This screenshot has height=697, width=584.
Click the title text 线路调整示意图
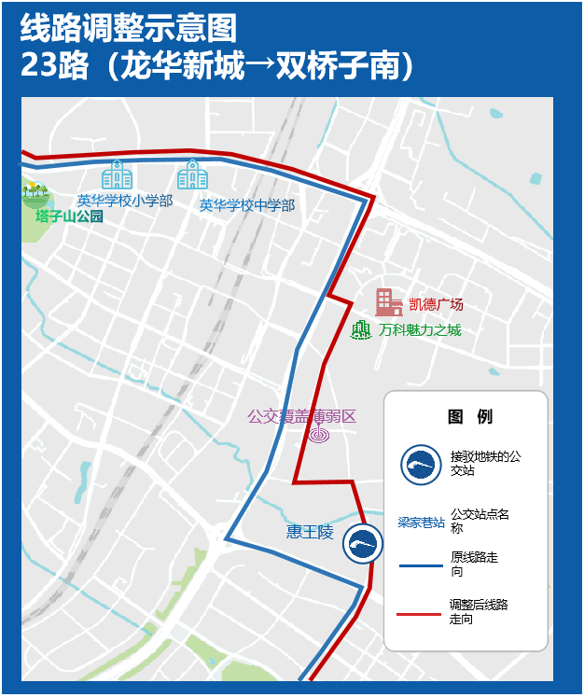pos(128,29)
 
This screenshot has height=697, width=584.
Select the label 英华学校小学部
pos(125,201)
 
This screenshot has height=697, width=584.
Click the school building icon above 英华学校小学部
pos(117,174)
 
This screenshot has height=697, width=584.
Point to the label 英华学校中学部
pos(247,205)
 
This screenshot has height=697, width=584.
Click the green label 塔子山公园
pos(69,216)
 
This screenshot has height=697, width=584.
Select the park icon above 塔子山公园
pos(35,192)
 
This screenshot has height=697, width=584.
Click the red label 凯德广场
pos(436,304)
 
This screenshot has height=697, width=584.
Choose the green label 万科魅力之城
pos(420,330)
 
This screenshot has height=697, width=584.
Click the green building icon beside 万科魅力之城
pos(361,329)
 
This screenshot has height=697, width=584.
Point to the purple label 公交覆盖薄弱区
pos(302,416)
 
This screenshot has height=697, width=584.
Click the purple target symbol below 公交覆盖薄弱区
pos(319,434)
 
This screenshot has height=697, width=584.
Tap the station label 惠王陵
pos(310,532)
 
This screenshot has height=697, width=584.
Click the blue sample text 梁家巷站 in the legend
pos(421,522)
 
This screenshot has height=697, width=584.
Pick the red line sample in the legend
pos(420,613)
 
